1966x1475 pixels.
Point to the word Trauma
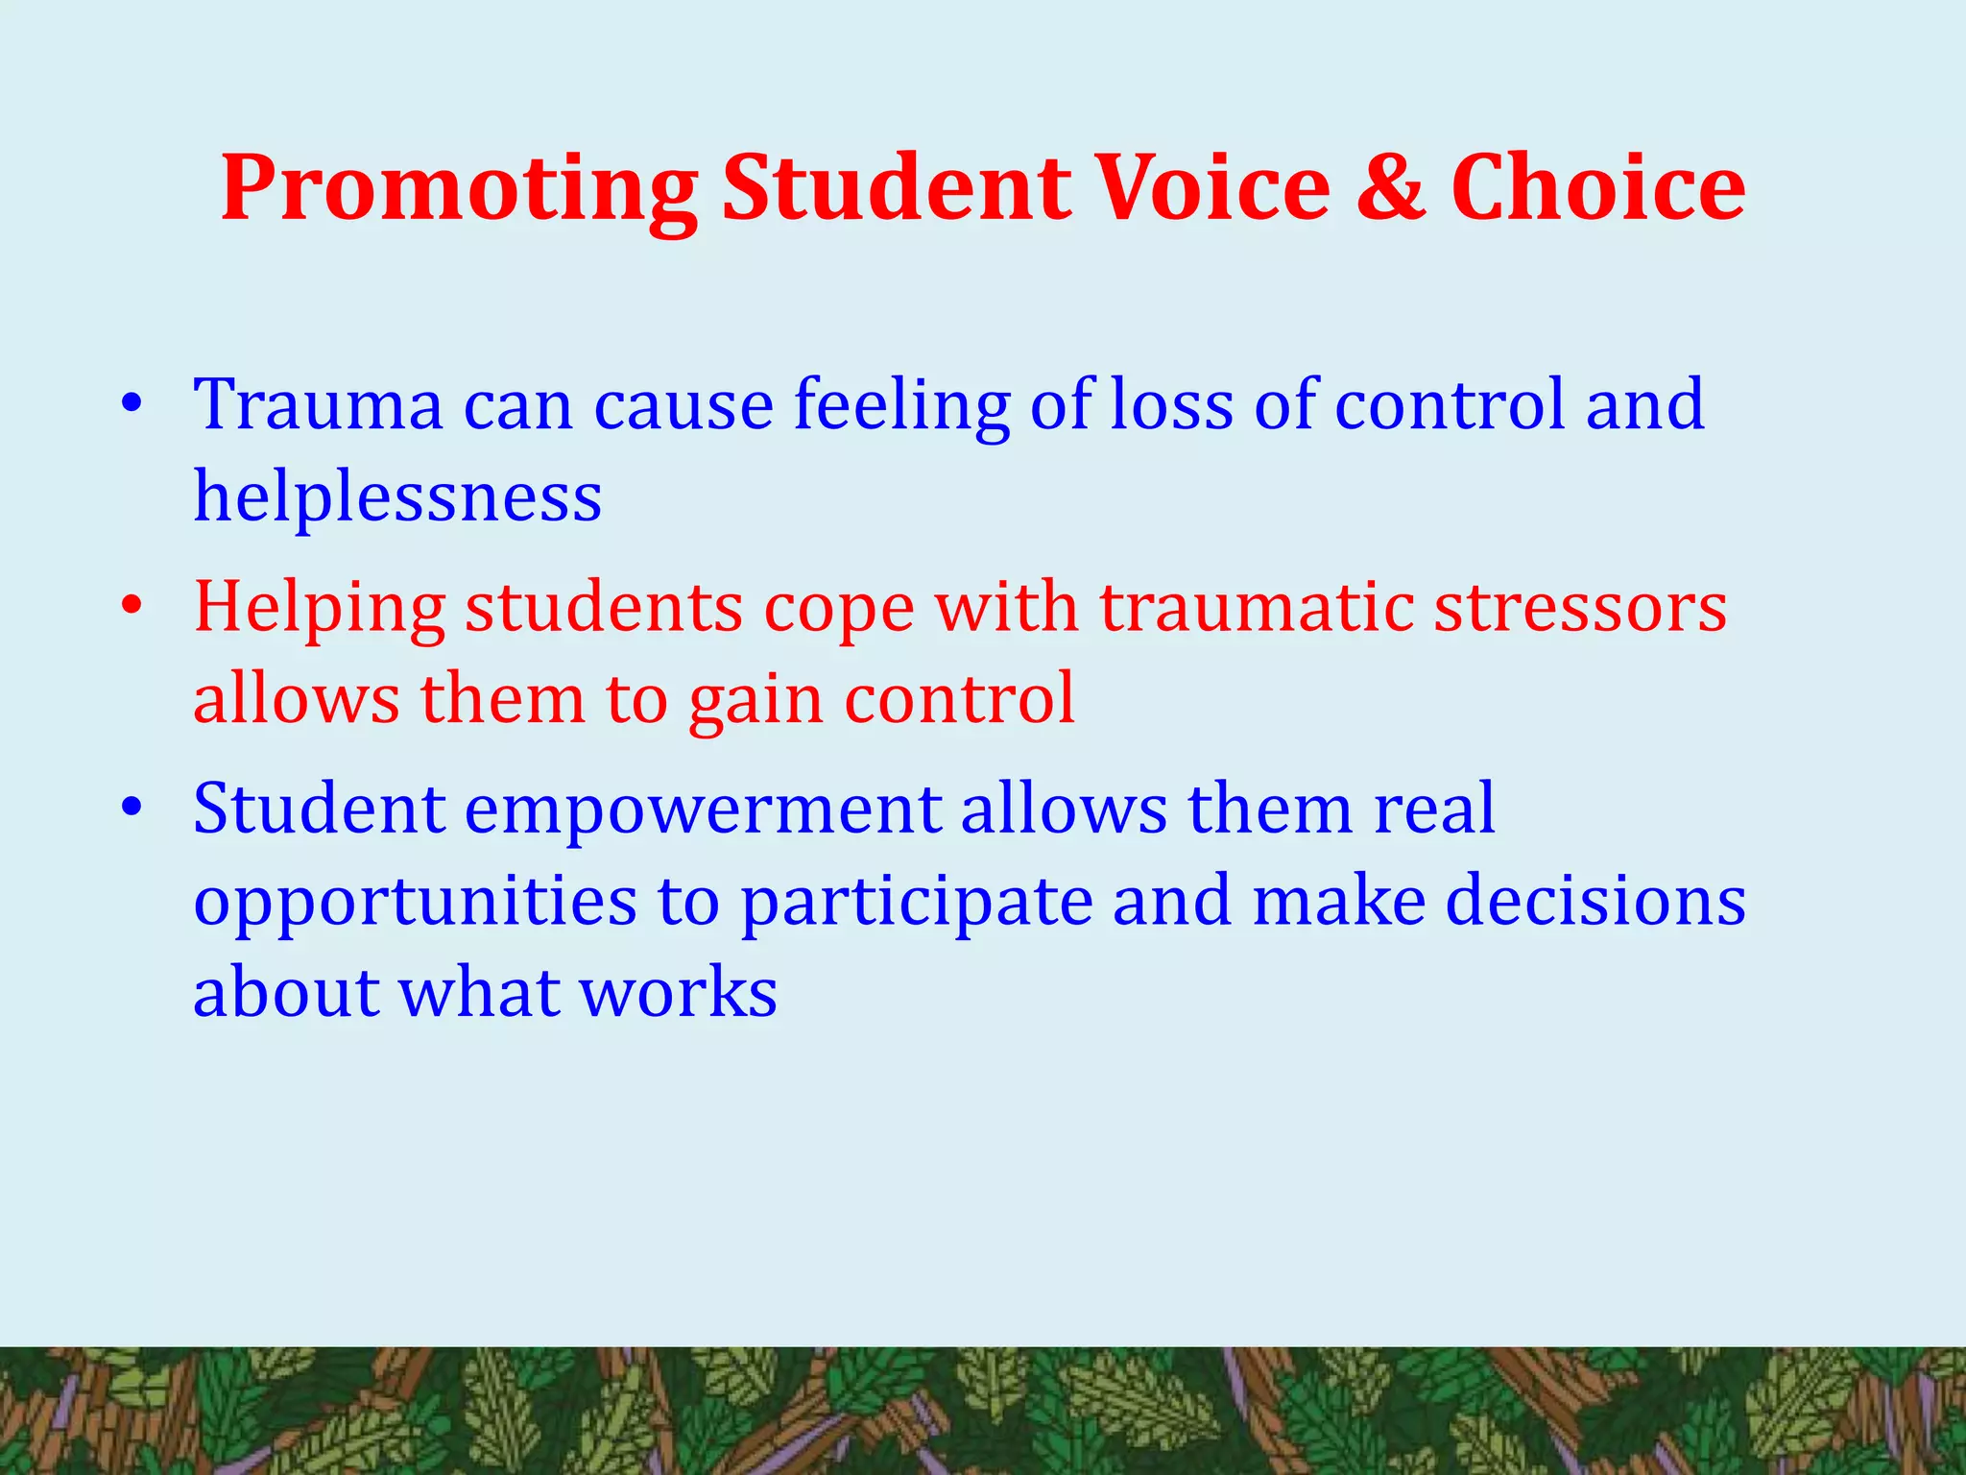[x=318, y=404]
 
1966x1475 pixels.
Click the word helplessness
[x=397, y=496]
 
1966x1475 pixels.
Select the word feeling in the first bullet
[x=901, y=406]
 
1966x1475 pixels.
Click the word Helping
[x=320, y=609]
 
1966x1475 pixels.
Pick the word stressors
[x=1580, y=607]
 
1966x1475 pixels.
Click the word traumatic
[x=1256, y=607]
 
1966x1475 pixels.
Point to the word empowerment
[x=703, y=810]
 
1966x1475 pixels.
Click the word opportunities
[x=415, y=903]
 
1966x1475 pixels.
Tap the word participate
[x=916, y=903]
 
